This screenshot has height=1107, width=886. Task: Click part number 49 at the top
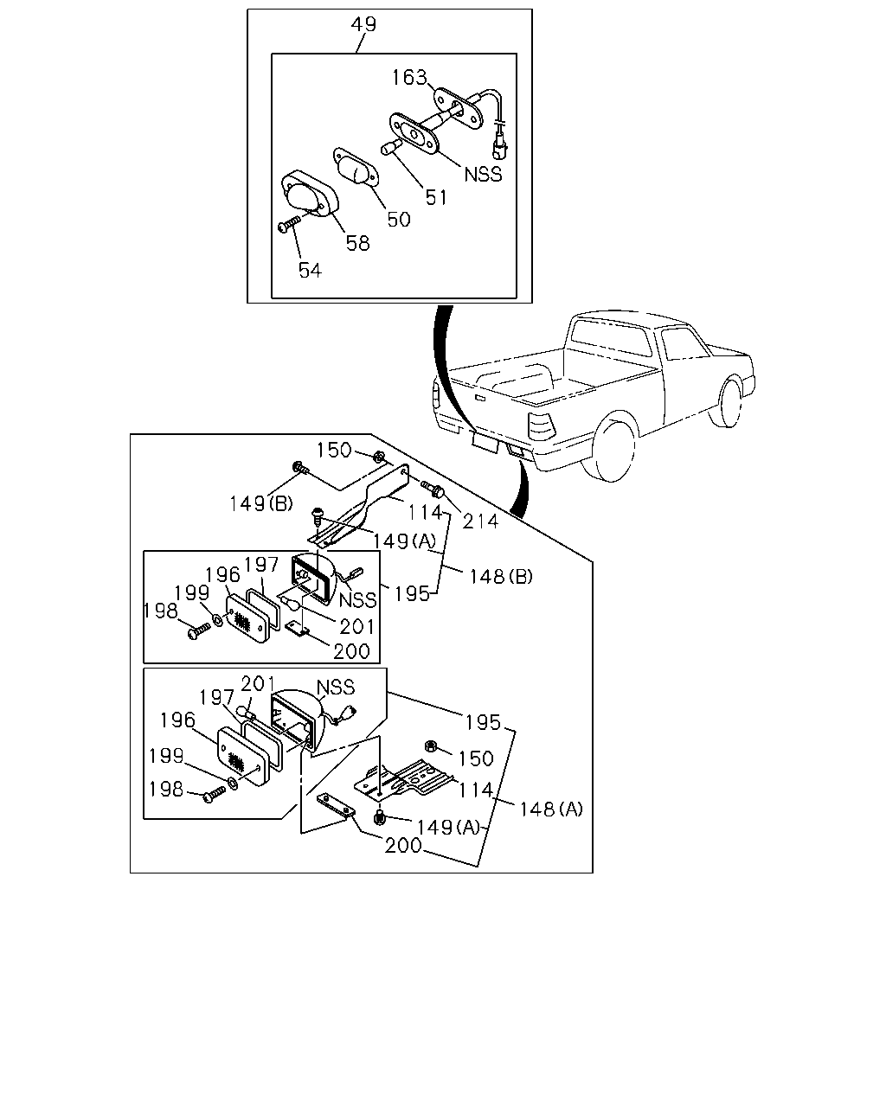coord(364,24)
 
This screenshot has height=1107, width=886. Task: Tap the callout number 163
coord(410,78)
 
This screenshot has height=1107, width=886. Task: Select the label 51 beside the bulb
coord(436,197)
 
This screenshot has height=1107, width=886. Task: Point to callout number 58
coord(358,243)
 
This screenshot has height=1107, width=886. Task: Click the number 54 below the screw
coord(310,271)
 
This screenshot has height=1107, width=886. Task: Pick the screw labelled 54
coord(289,224)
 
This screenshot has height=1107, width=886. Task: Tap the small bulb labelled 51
coord(390,148)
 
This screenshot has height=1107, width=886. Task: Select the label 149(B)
coord(261,503)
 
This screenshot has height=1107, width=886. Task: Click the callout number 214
coord(480,522)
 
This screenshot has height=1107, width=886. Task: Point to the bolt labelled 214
coord(433,489)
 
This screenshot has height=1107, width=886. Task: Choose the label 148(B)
coord(501,577)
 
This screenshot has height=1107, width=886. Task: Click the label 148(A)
coord(551,809)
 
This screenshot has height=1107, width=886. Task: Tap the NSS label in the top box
coord(483,175)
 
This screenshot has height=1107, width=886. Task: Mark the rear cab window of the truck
coord(609,340)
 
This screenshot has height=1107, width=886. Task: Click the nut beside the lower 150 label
coord(431,745)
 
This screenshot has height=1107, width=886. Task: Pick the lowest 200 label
coord(403,845)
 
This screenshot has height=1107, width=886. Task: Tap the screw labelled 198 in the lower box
coord(215,795)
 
